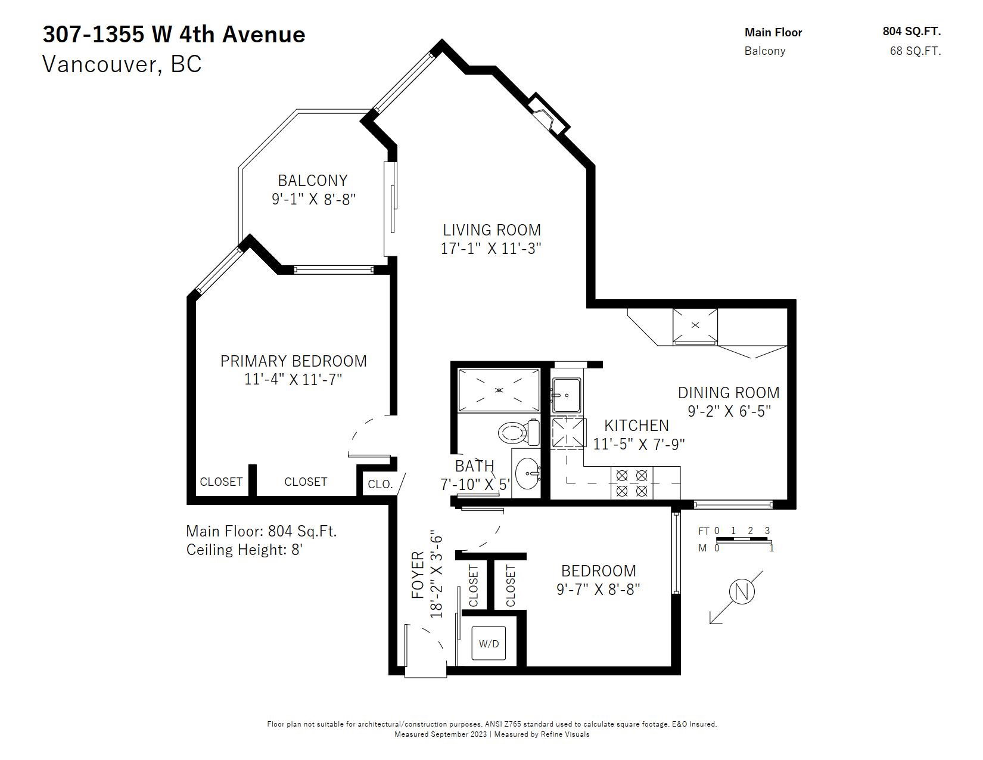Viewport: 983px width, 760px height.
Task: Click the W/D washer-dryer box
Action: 489,643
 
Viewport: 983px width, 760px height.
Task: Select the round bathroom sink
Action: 527,473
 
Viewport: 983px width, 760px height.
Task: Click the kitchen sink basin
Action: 566,395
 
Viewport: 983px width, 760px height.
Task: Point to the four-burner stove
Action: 632,482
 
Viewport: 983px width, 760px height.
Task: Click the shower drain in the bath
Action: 499,390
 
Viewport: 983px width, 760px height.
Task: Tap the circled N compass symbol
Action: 742,592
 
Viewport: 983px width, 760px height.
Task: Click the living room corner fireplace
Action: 548,114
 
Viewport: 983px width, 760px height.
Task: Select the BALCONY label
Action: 313,181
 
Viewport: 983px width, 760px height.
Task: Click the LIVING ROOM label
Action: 491,230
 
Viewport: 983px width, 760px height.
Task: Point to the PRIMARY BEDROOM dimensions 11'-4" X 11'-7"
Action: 293,379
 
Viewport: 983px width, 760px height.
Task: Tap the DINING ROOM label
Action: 729,392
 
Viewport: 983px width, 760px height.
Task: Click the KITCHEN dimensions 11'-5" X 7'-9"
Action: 639,444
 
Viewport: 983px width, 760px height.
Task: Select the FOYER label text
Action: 418,575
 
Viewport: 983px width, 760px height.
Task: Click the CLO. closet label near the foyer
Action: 380,485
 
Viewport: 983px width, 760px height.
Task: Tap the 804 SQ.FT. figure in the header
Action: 912,31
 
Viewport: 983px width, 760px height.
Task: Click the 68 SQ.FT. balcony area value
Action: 915,51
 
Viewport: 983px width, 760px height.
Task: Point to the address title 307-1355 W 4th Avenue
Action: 174,35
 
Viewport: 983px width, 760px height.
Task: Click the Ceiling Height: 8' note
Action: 244,550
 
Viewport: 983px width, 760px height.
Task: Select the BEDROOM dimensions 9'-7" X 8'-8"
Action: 598,590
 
